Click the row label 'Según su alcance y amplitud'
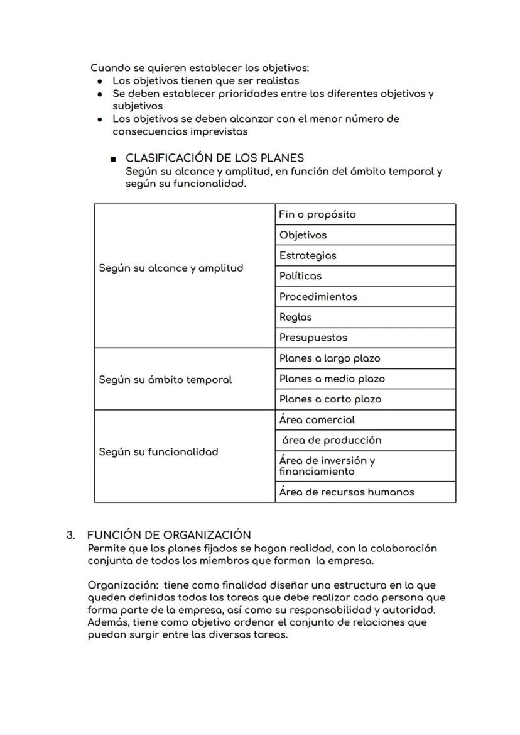[171, 268]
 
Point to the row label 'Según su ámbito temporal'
[165, 380]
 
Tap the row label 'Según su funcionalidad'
[159, 452]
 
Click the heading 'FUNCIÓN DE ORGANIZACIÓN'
[169, 535]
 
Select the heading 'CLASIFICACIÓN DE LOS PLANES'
[215, 158]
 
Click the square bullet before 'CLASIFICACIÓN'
[112, 158]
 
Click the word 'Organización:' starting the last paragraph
[122, 585]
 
